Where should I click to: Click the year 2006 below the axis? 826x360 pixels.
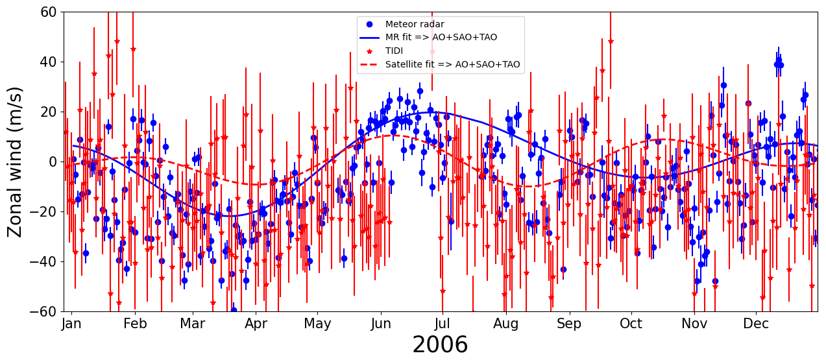440,345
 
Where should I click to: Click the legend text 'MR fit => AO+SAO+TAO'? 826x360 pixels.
441,38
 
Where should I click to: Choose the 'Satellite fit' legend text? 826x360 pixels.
452,64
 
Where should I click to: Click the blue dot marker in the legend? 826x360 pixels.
369,25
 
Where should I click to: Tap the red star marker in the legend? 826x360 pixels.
369,51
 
